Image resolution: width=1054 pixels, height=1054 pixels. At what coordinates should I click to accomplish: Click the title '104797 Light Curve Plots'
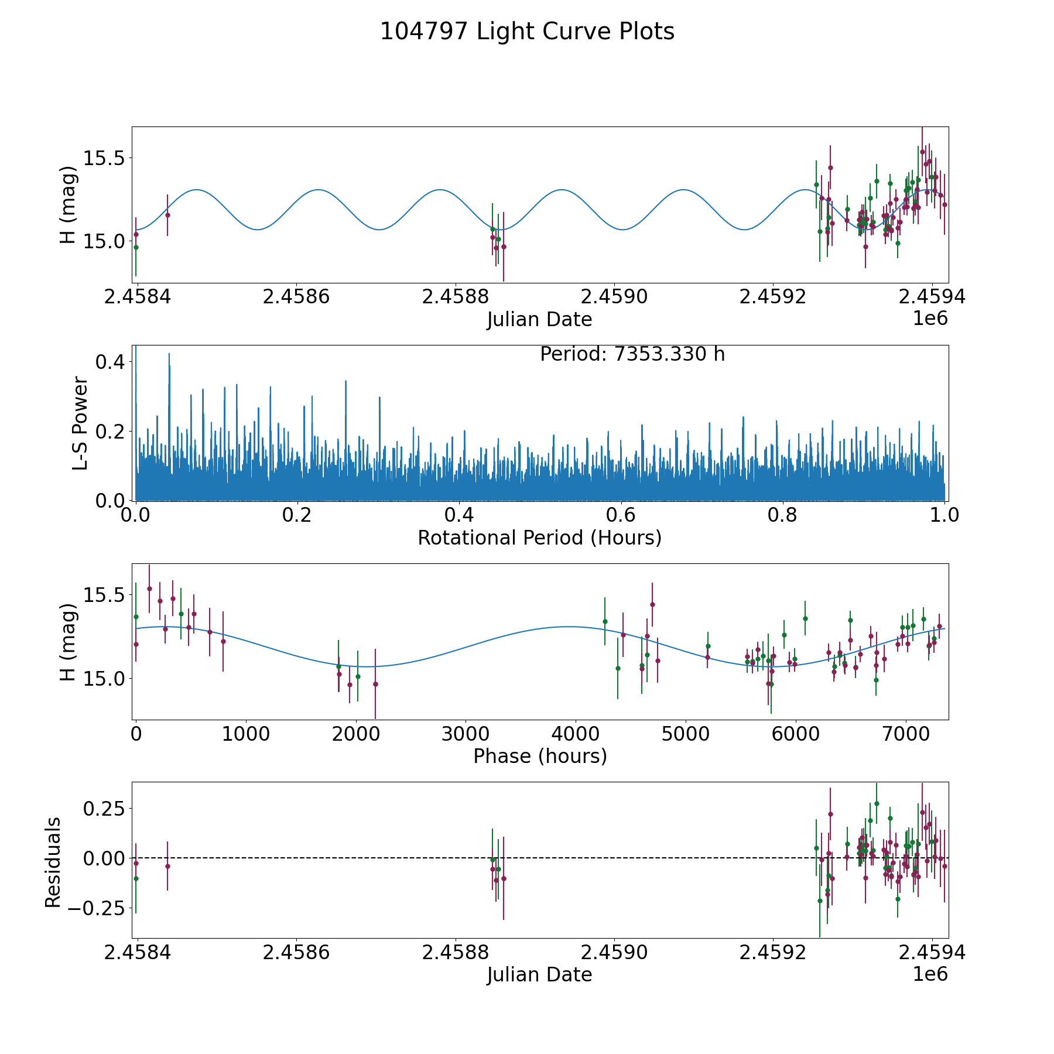tap(527, 32)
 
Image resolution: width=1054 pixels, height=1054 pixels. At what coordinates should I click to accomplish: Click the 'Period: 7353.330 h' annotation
tap(632, 354)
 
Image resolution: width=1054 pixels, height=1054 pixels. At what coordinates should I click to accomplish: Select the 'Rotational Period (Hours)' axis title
tap(539, 538)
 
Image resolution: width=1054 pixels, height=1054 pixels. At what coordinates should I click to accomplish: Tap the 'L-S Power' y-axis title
tap(80, 423)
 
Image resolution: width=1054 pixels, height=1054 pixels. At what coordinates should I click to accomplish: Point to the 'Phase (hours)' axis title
tap(540, 756)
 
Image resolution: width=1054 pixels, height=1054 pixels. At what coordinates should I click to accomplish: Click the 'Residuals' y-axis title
tap(53, 862)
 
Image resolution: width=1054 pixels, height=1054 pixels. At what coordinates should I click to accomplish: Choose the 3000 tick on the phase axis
tap(466, 734)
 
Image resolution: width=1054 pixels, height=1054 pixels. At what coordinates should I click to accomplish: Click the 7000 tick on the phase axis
tap(905, 734)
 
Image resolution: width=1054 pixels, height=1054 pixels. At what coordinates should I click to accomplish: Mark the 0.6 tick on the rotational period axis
tap(621, 515)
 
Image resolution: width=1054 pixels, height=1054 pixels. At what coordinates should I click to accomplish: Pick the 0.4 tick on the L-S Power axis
tap(110, 362)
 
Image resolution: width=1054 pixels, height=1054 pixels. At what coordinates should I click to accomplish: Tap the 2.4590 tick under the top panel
tap(614, 297)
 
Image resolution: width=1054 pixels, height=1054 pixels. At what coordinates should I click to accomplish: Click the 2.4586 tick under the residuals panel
tap(296, 953)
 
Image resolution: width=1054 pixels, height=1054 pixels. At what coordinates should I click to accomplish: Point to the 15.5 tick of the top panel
tap(103, 158)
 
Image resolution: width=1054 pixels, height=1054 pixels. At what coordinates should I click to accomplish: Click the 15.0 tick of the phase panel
tap(103, 679)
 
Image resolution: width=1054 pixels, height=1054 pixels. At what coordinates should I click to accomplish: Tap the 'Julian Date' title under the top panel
tap(539, 320)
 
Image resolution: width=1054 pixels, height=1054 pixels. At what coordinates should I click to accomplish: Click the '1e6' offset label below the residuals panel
tap(930, 975)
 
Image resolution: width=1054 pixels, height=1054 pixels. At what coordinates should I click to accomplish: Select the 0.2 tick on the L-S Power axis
tap(110, 432)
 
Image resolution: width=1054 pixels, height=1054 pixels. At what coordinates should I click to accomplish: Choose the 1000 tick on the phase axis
tap(245, 734)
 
